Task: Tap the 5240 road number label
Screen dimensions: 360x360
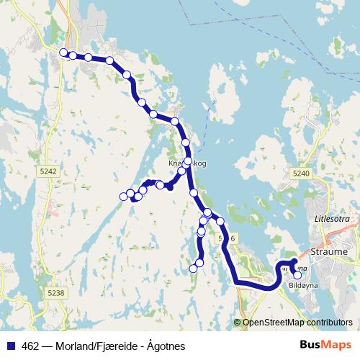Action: [x=301, y=173]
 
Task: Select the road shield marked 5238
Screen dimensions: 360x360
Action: [x=55, y=293]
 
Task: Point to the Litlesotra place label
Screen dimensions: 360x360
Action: [x=332, y=217]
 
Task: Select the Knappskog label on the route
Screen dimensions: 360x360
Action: [x=187, y=164]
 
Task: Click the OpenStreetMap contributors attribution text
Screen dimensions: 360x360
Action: [x=297, y=323]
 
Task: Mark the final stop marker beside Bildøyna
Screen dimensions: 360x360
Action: [x=297, y=274]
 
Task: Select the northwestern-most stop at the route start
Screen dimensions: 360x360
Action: [x=63, y=53]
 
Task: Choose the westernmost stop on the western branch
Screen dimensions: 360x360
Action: [x=122, y=197]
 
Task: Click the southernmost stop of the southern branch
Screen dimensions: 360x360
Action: [x=193, y=269]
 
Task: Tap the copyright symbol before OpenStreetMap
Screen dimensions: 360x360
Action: [x=238, y=323]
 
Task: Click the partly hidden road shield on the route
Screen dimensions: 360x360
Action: [x=229, y=238]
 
